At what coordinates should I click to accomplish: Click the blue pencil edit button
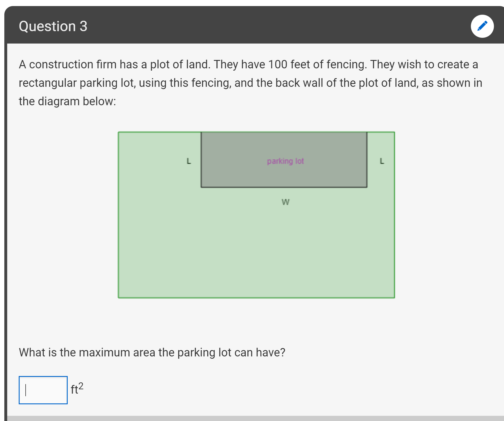point(482,26)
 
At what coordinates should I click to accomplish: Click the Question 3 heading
point(53,26)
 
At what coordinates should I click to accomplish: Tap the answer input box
point(43,390)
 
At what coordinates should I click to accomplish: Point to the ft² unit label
point(77,388)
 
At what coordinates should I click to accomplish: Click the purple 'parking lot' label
point(285,161)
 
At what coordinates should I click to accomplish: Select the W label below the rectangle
point(285,202)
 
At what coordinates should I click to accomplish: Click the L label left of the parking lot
point(189,161)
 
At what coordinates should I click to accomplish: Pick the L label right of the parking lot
point(382,161)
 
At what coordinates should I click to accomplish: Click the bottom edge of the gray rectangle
point(284,187)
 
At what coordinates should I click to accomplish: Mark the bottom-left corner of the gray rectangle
point(201,187)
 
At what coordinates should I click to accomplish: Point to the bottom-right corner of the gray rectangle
point(367,187)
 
